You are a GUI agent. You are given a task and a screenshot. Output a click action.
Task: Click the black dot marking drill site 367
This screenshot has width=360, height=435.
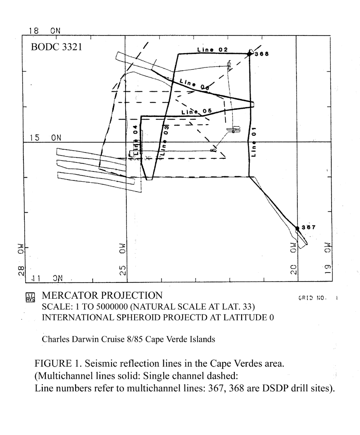[x=297, y=229]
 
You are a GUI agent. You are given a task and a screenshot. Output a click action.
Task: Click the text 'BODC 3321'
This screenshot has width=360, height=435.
[x=56, y=47]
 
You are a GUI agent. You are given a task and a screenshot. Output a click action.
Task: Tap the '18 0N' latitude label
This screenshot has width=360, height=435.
[x=45, y=31]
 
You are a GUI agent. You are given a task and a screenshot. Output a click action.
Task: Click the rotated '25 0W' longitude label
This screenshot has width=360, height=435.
[x=123, y=260]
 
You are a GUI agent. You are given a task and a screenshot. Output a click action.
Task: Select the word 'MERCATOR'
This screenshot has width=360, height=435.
[x=70, y=296]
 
